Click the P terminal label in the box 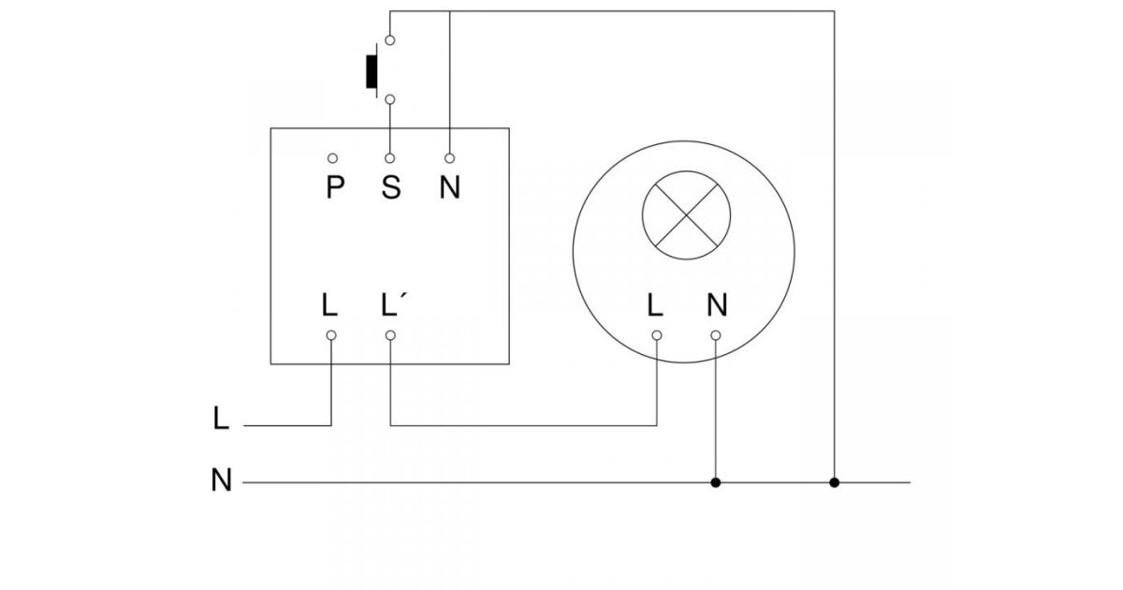tap(334, 188)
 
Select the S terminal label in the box tap(391, 188)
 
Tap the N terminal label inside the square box tap(450, 188)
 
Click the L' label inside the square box tap(393, 305)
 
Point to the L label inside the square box tap(329, 305)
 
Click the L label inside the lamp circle tap(656, 305)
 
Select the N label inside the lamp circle tap(717, 305)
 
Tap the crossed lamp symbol tap(686, 214)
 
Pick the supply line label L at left tap(221, 418)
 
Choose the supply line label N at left tap(222, 481)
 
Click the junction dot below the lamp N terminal tap(716, 483)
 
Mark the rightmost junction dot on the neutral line tap(835, 483)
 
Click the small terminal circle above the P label tap(332, 159)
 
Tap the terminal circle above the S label tap(390, 159)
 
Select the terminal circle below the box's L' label tap(390, 334)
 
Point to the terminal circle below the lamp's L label tap(657, 334)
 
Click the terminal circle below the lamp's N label tap(716, 334)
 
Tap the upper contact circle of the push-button tap(390, 40)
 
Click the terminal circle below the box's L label tap(331, 334)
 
